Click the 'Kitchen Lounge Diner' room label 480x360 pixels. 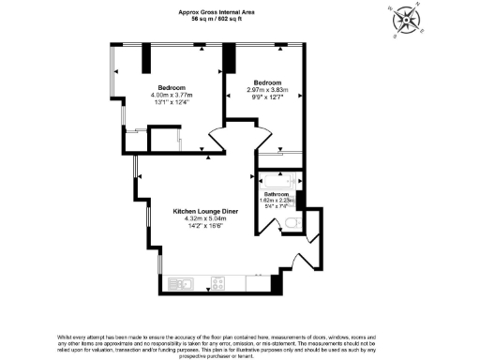point(206,212)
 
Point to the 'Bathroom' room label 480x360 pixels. point(277,194)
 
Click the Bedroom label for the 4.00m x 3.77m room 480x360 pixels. point(172,87)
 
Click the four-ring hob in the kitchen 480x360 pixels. point(220,282)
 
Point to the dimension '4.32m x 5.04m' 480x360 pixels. point(206,219)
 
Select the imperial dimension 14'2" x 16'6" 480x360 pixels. point(206,227)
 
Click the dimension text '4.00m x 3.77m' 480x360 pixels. point(172,95)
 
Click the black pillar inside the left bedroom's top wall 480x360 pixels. point(146,58)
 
